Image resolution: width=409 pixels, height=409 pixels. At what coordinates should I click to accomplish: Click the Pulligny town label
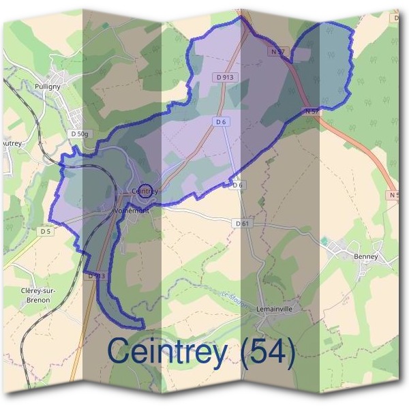click(x=48, y=87)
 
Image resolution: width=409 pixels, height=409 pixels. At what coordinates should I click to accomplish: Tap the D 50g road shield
click(x=80, y=134)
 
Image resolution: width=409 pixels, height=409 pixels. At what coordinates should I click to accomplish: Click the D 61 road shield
click(x=243, y=223)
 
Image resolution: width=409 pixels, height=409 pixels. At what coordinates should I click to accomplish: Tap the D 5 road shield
click(x=46, y=232)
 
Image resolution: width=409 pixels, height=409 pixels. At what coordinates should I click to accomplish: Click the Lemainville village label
click(x=275, y=309)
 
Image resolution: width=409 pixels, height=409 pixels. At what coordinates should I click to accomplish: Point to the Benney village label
click(x=365, y=257)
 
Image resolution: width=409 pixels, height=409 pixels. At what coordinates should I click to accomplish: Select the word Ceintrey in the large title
click(x=167, y=352)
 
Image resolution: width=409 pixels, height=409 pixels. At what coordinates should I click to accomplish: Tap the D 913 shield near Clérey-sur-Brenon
click(x=96, y=276)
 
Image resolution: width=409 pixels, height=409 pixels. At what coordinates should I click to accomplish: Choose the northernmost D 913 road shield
click(x=224, y=78)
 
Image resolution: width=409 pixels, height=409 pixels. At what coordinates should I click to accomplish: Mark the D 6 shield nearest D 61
click(x=238, y=185)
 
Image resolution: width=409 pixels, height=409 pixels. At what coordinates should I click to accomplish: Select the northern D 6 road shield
click(x=219, y=121)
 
